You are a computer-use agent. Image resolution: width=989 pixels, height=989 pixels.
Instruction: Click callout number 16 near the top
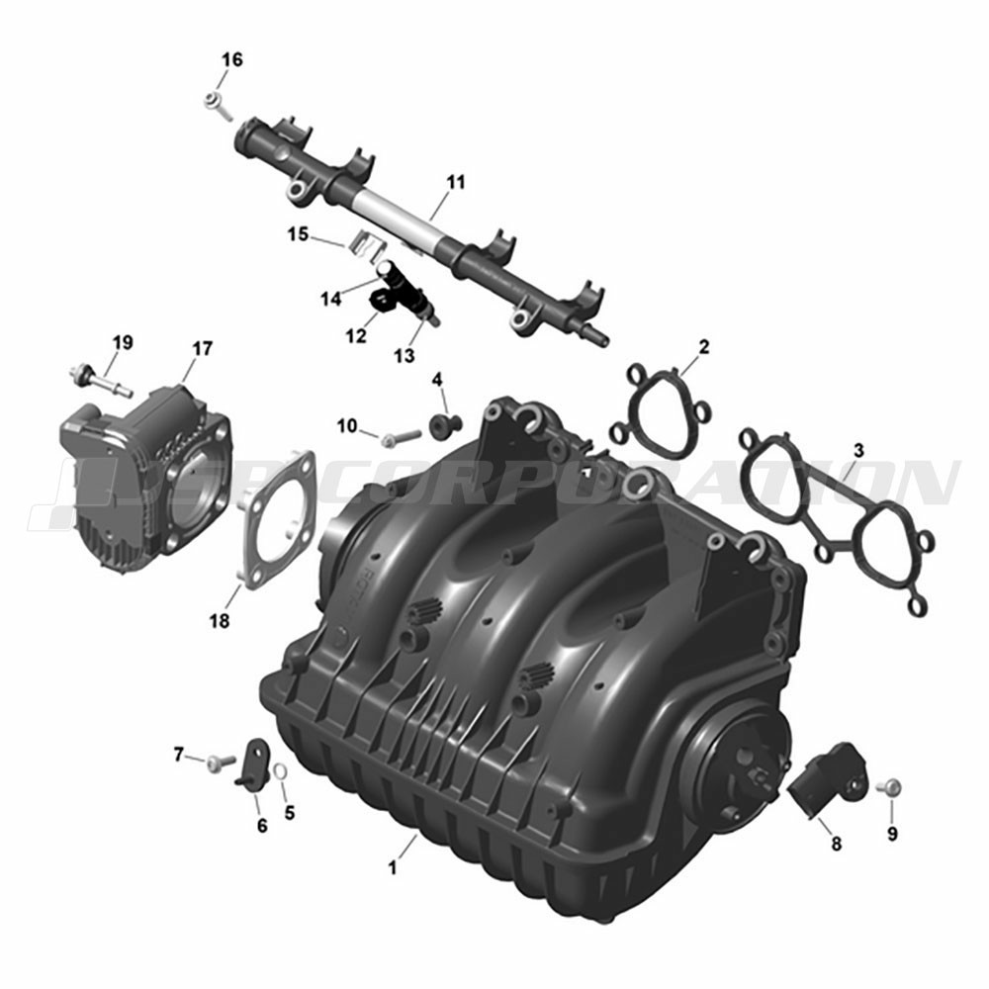pos(231,60)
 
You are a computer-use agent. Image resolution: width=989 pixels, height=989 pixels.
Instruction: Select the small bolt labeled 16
pos(218,106)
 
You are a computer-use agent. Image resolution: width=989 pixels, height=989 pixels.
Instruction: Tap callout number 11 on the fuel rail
pos(455,182)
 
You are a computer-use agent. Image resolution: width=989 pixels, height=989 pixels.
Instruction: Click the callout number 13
pos(405,356)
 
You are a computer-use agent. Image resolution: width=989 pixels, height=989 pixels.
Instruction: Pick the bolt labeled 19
pos(100,380)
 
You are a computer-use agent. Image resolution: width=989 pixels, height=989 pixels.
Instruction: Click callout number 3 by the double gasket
pos(858,451)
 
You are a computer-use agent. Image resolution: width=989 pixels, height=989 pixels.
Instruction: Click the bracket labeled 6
pos(253,764)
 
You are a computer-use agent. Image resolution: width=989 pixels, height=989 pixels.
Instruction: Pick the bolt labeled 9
pos(889,787)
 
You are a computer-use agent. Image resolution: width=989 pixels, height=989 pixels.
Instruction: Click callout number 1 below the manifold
pos(393,868)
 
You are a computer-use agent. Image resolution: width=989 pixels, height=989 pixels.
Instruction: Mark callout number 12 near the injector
pos(356,337)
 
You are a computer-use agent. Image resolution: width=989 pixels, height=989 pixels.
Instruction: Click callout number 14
pos(331,299)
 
